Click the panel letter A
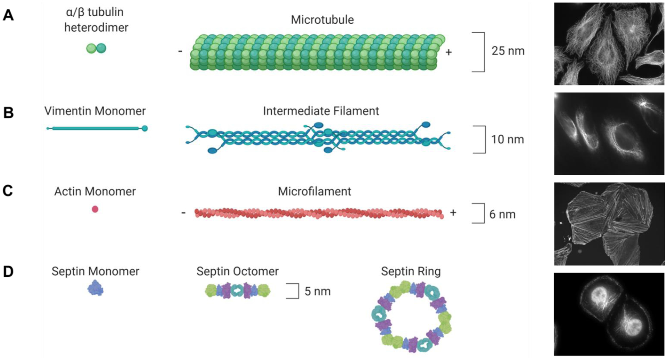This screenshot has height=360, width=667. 8,15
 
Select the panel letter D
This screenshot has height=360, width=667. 8,271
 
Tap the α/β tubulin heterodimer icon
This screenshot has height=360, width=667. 96,48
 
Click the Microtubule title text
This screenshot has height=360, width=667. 322,20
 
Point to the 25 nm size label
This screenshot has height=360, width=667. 508,51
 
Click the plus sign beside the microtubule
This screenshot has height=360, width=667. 449,52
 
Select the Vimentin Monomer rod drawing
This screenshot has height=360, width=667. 97,128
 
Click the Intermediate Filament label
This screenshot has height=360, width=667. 321,111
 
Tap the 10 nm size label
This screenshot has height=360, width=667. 507,140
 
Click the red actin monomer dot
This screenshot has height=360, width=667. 95,209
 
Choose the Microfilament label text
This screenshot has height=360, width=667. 314,191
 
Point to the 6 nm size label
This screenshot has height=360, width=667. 502,214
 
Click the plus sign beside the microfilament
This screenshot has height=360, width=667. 453,212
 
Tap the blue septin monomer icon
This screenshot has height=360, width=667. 95,288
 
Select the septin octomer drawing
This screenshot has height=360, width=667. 238,291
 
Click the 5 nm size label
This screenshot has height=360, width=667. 317,291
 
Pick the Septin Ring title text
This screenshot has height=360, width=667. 411,271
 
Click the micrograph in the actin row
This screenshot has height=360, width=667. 609,224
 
